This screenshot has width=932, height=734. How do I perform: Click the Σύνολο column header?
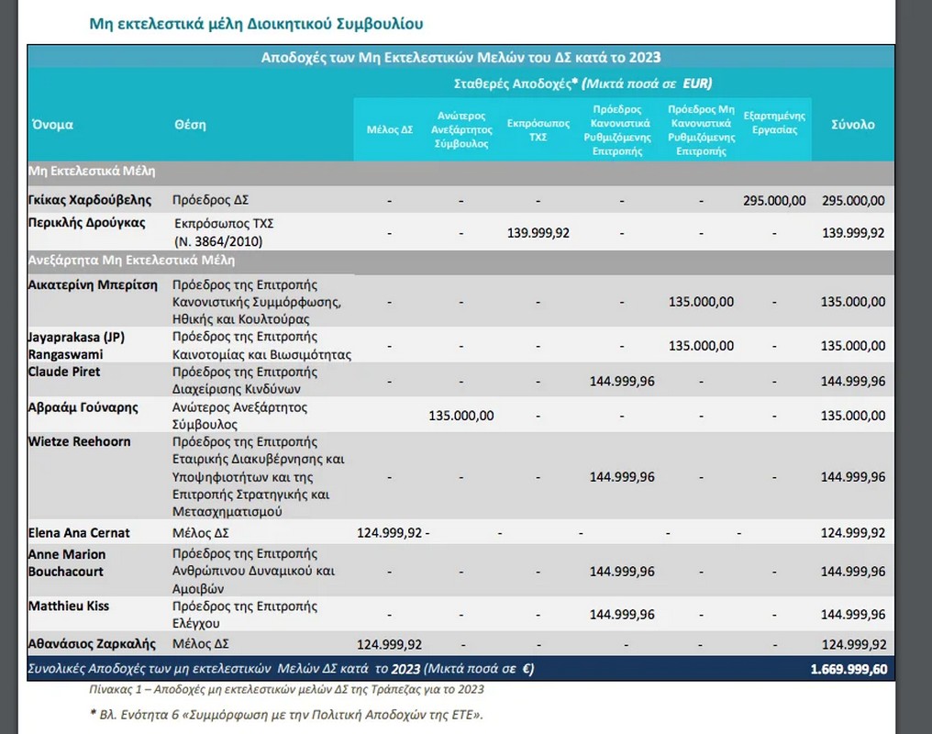(x=853, y=125)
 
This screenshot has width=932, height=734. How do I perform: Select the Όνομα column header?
(x=53, y=125)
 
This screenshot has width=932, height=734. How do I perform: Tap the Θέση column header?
(x=190, y=125)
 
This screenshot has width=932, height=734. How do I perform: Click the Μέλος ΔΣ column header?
(x=389, y=129)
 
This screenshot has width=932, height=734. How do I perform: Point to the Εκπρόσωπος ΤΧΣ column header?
(x=538, y=129)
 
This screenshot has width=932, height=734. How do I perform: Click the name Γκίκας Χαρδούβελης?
(x=90, y=200)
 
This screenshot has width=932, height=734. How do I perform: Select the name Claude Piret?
(x=64, y=372)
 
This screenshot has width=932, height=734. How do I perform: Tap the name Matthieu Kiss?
(x=69, y=606)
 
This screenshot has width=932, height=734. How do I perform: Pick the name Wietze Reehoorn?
(x=79, y=441)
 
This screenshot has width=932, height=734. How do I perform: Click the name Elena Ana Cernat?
(x=79, y=532)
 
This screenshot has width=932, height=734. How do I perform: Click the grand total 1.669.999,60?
(x=849, y=669)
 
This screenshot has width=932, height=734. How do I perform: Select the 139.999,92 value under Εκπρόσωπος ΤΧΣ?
(x=538, y=233)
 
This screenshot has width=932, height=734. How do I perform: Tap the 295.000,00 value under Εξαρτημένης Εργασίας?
(x=774, y=201)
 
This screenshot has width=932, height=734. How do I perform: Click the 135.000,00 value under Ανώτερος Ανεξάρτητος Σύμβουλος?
(x=461, y=416)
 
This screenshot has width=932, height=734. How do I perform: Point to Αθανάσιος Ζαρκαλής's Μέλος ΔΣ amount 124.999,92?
(x=389, y=644)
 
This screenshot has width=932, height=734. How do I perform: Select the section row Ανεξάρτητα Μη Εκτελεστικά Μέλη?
(x=131, y=260)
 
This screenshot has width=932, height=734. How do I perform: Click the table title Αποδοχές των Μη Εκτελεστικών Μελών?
(x=460, y=57)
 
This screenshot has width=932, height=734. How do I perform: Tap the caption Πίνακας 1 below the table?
(x=286, y=689)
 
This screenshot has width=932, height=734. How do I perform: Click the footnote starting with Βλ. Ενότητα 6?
(x=286, y=715)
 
